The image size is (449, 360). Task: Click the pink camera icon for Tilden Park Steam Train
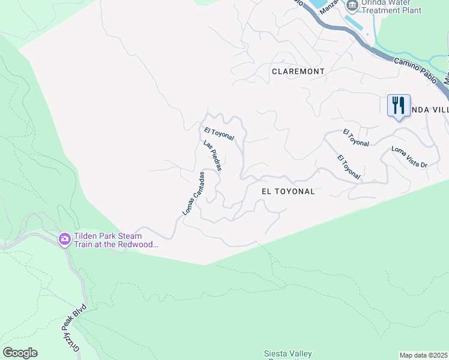[64, 239]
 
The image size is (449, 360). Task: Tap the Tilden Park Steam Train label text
[115, 240]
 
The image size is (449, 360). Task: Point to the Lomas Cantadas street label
[194, 193]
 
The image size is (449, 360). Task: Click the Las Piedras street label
[212, 156]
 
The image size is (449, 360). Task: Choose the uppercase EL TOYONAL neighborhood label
[288, 191]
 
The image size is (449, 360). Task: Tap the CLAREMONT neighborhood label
[298, 71]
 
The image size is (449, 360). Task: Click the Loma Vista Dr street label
[409, 157]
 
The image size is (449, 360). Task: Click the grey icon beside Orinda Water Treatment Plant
[352, 5]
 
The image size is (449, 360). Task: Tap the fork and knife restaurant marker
[399, 106]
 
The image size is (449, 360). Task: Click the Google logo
[20, 353]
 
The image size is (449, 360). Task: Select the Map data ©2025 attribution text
[424, 355]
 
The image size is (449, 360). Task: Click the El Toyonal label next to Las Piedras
[218, 134]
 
